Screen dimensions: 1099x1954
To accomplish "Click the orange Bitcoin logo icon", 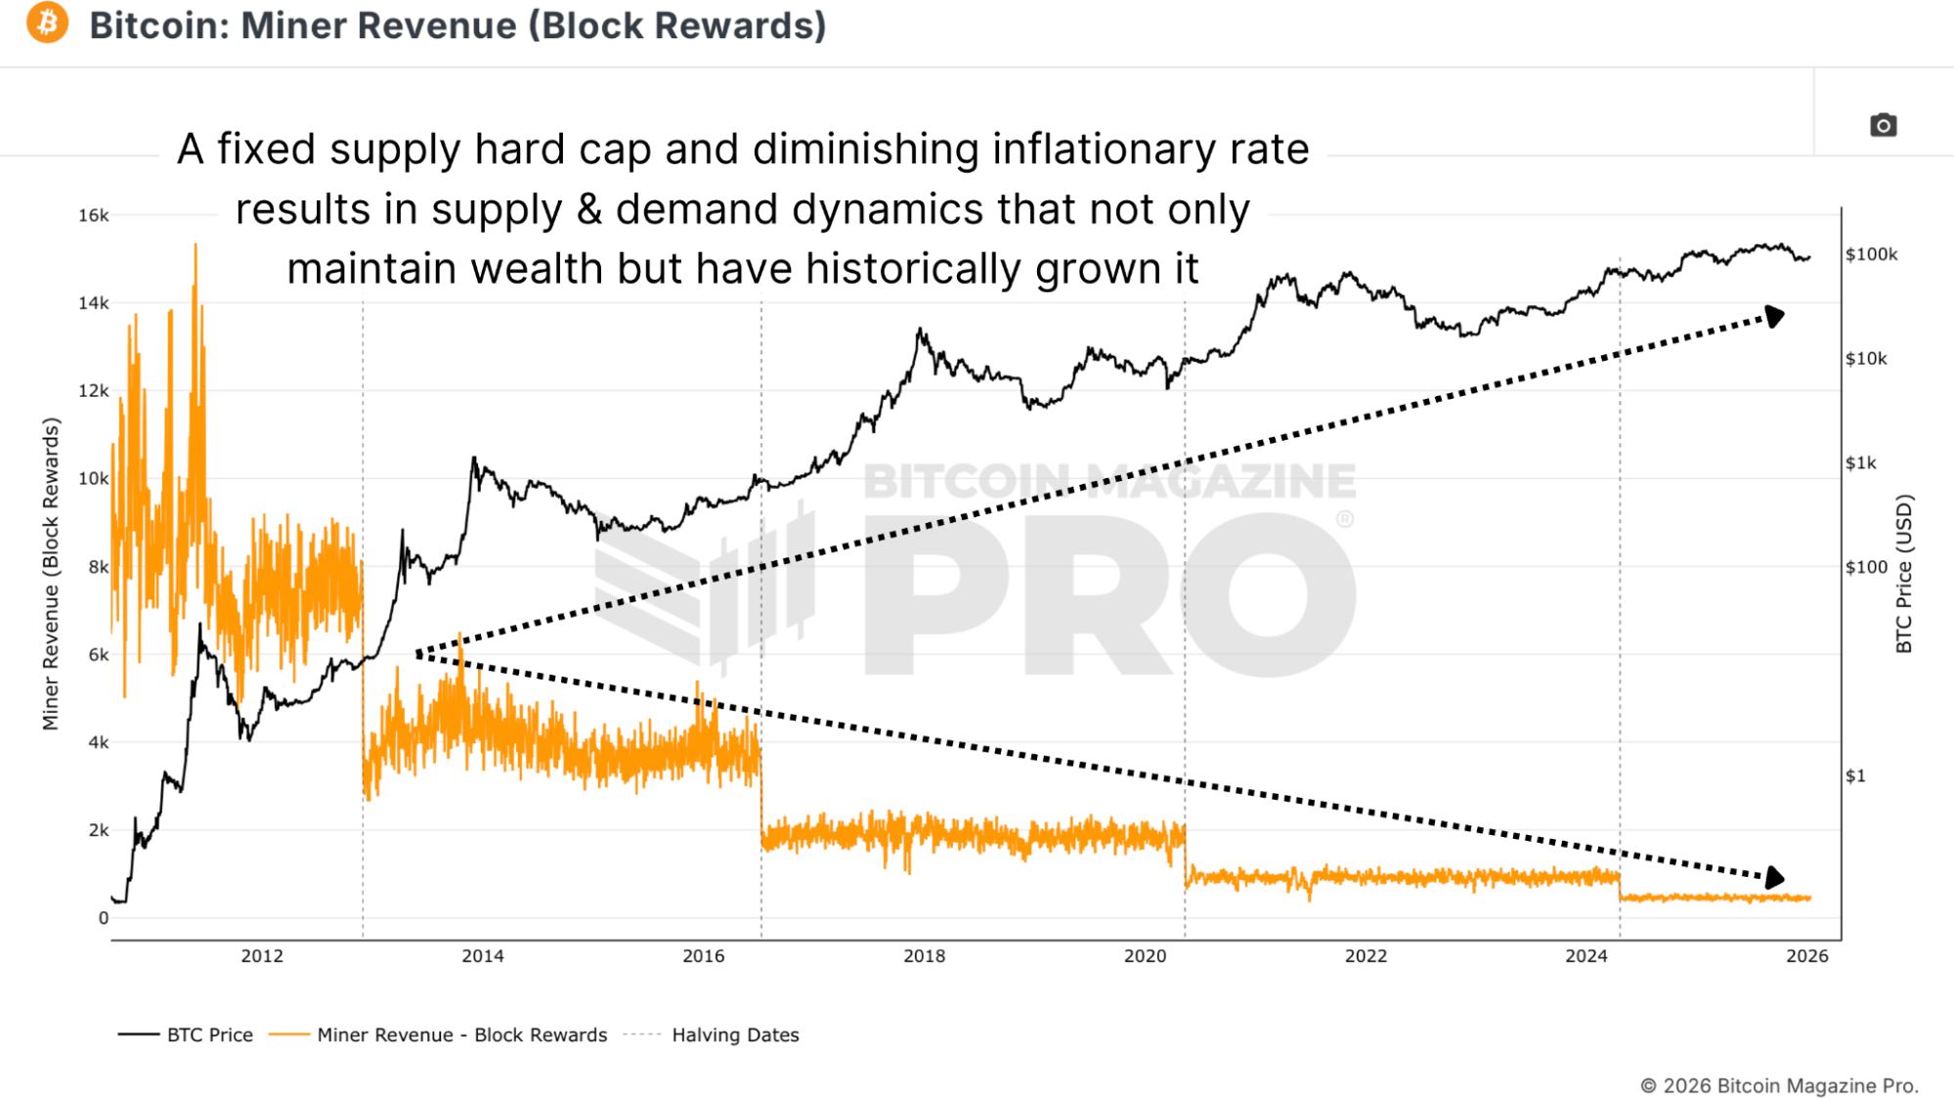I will coord(47,23).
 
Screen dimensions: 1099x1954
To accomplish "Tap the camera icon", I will coord(1883,125).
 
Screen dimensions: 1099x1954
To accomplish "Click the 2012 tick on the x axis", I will coord(262,956).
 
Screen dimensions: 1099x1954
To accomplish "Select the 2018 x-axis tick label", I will coord(924,956).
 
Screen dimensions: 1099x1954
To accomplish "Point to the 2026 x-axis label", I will coord(1806,956).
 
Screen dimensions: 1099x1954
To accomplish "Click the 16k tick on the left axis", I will coord(94,215).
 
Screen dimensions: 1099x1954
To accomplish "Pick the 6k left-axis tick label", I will coord(98,655).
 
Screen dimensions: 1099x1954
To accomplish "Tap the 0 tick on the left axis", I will coord(103,918).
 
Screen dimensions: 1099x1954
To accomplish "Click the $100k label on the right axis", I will coord(1871,254).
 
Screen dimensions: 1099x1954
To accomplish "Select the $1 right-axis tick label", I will coord(1855,776).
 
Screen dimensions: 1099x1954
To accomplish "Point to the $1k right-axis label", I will coord(1860,463).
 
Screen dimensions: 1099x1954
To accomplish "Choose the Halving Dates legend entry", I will coord(735,1034).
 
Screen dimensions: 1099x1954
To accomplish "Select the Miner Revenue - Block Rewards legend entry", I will coord(461,1034).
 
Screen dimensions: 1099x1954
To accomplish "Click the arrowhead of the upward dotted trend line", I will coord(1773,317).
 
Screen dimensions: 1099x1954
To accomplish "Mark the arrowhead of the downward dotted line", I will coord(1774,877).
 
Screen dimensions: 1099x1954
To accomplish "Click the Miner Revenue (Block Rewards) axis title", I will coord(51,574).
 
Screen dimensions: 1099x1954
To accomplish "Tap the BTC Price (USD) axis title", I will coord(1903,574).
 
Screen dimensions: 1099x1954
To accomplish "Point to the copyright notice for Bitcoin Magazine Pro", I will coord(1778,1085).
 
